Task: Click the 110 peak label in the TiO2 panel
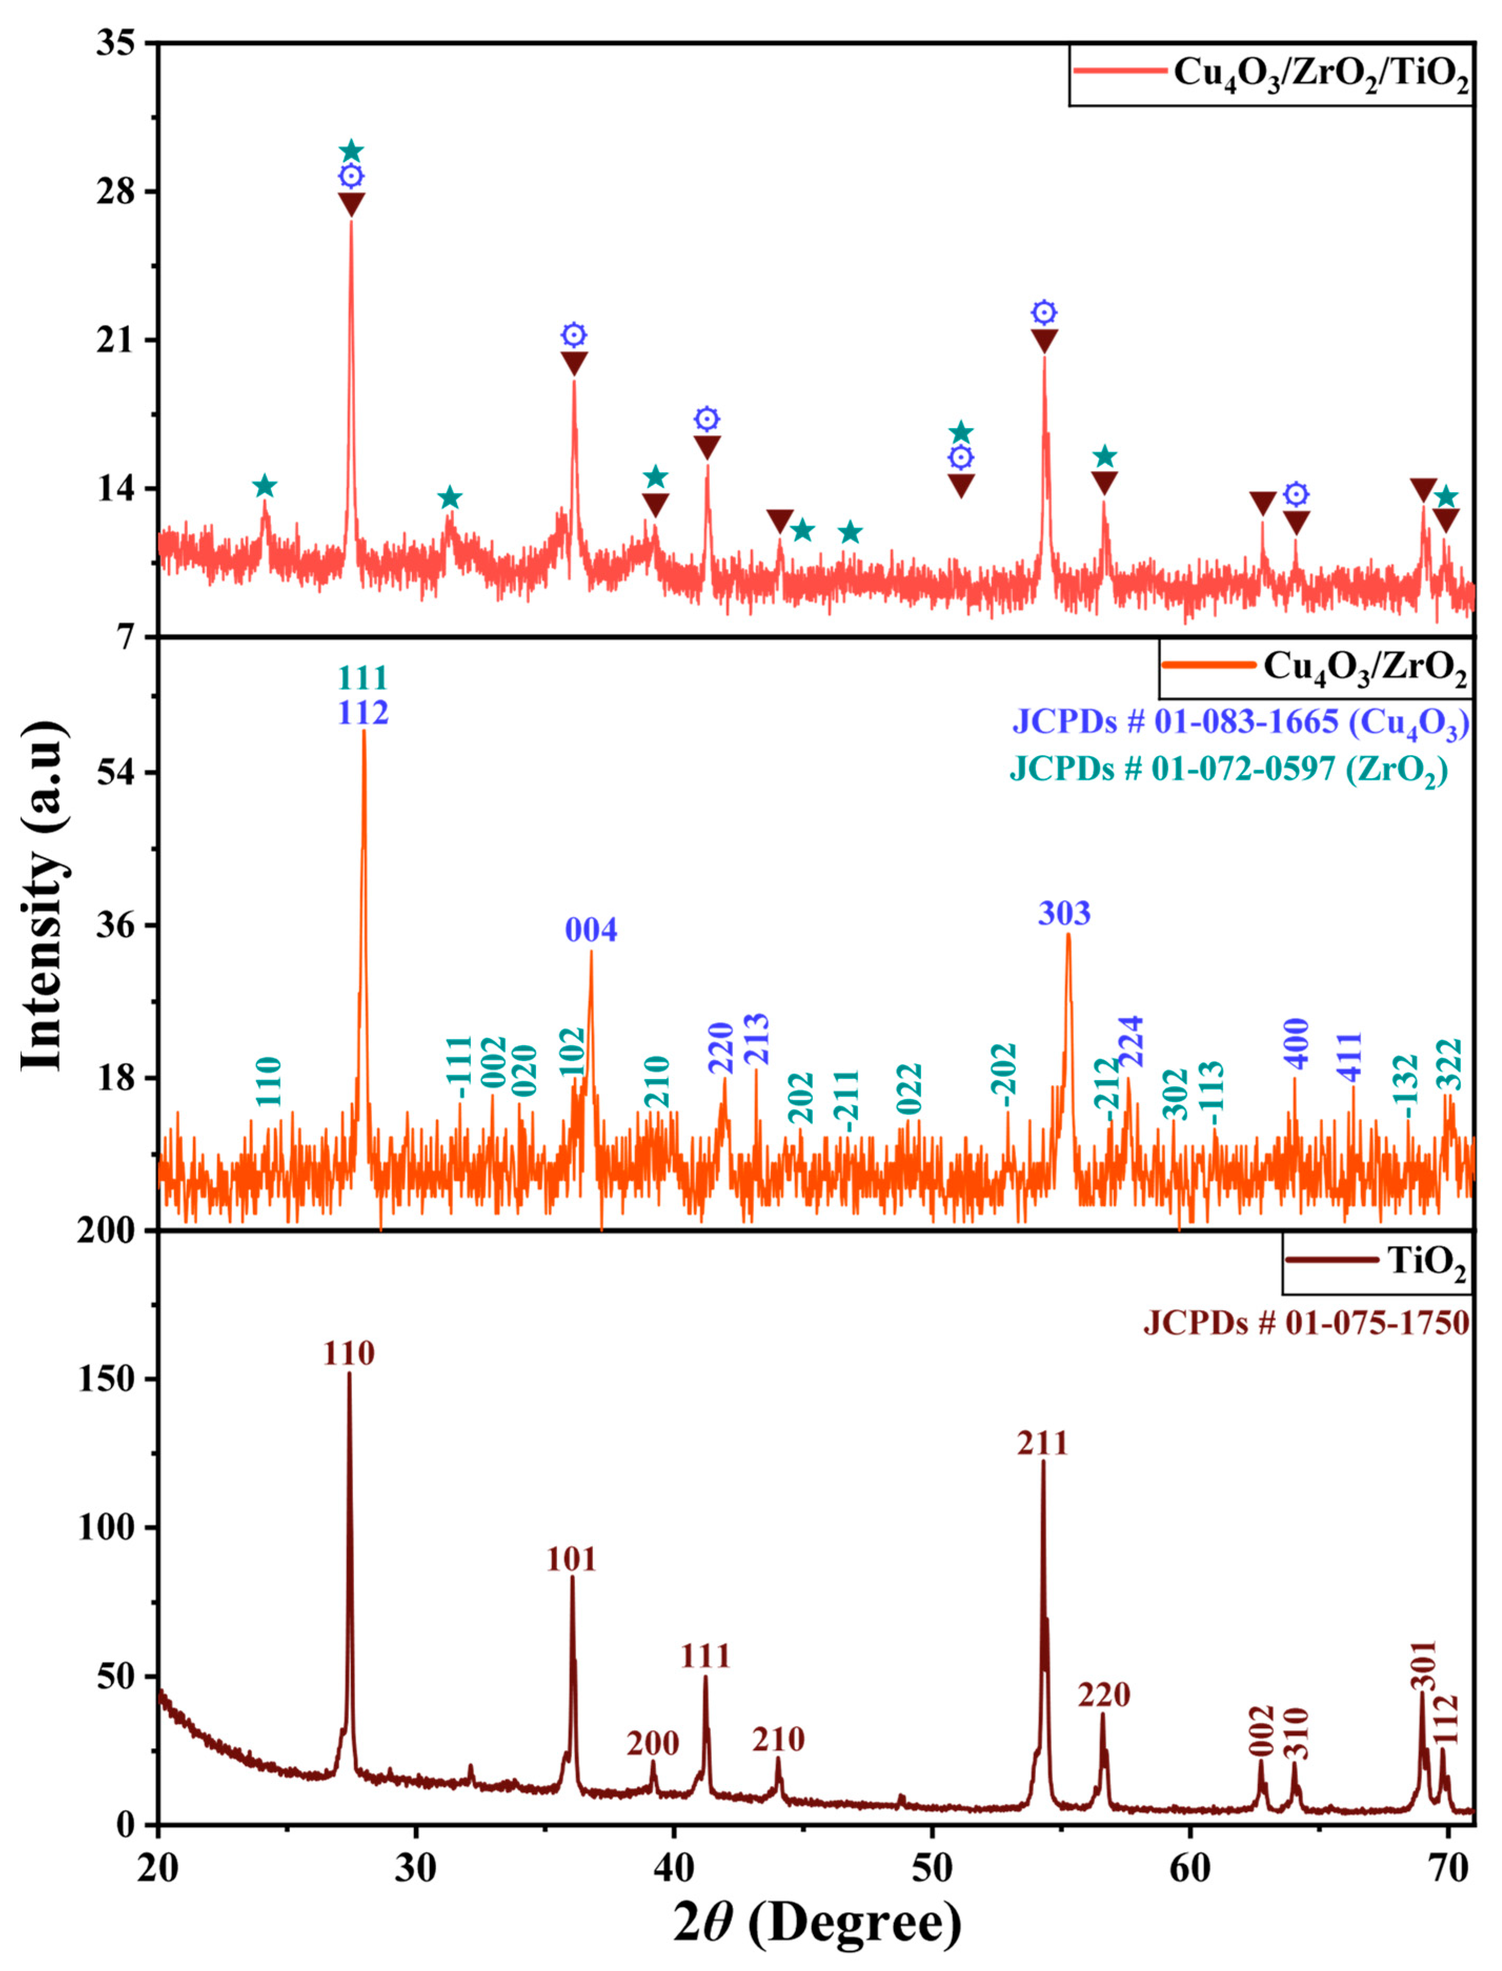coord(349,1354)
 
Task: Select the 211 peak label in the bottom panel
coord(1042,1444)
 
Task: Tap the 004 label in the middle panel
coord(591,931)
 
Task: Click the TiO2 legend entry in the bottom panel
coord(1377,1261)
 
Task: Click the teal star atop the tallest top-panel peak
coord(351,151)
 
